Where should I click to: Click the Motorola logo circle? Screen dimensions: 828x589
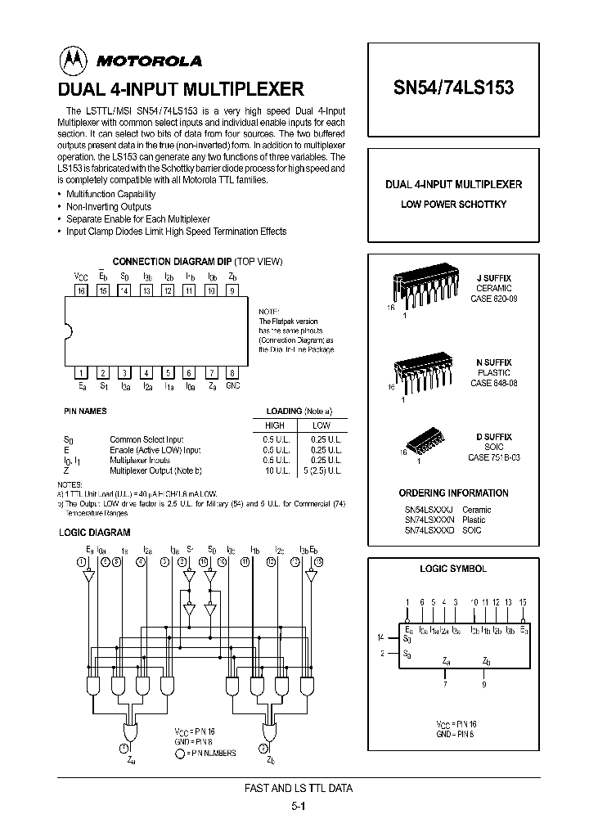pyautogui.click(x=71, y=59)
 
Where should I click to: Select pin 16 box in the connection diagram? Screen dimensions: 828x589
pyautogui.click(x=81, y=290)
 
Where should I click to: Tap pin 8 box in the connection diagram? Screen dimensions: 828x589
pyautogui.click(x=232, y=371)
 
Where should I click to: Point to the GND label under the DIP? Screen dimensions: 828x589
pyautogui.click(x=233, y=385)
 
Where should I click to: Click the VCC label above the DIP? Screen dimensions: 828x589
pyautogui.click(x=81, y=277)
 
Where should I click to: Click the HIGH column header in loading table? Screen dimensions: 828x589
pyautogui.click(x=275, y=425)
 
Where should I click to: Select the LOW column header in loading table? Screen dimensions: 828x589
pyautogui.click(x=321, y=425)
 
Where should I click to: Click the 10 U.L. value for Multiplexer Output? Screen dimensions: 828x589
pyautogui.click(x=275, y=471)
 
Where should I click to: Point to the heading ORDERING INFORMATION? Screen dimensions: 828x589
pyautogui.click(x=453, y=493)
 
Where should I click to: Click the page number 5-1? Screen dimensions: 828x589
pyautogui.click(x=298, y=806)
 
